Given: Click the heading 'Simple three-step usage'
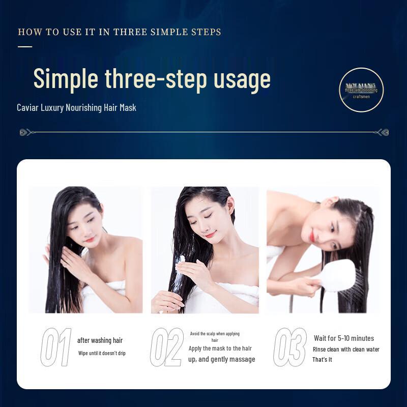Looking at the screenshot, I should [x=152, y=78].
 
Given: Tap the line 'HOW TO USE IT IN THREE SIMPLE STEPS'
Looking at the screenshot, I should [x=120, y=32].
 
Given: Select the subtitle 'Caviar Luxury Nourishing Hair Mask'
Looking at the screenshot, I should [x=76, y=108].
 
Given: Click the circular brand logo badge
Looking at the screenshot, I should [x=361, y=90].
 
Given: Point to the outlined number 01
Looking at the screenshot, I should [x=56, y=347].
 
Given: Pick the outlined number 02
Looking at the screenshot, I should [x=167, y=347].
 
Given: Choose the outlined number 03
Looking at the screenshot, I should [x=290, y=347].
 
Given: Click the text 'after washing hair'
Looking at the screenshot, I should [x=100, y=340].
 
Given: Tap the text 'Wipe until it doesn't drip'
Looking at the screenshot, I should [x=102, y=353].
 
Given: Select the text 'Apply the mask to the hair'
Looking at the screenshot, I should [x=220, y=348].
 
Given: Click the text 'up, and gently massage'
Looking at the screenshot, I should [x=221, y=360].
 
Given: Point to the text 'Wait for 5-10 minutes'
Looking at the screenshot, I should [x=344, y=338].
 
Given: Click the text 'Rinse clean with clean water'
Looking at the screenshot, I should [x=346, y=350].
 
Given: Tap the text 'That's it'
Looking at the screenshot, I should [x=322, y=360].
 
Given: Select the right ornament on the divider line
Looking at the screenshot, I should [x=382, y=132].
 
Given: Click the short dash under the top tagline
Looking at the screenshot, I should [x=25, y=46].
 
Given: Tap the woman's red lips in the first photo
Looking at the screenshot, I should [x=90, y=239].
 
